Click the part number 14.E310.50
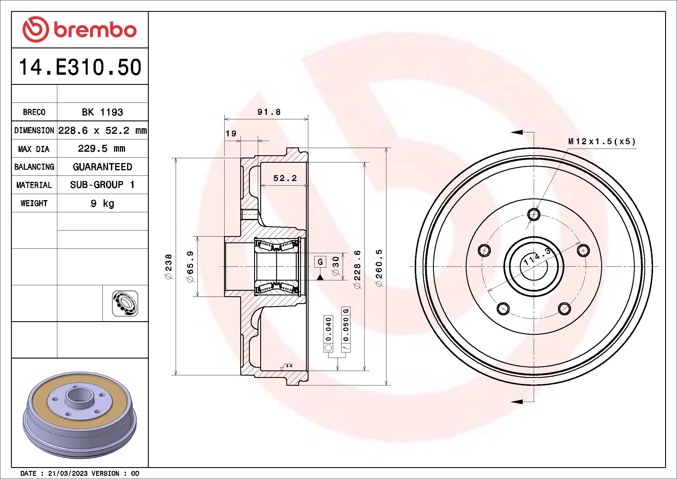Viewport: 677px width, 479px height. (80, 67)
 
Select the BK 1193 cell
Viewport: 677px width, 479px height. (102, 112)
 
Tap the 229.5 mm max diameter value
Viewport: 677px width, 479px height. (102, 148)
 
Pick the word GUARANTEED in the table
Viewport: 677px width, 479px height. (102, 167)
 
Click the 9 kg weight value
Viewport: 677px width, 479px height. (102, 203)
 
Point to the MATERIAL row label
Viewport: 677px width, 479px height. (34, 185)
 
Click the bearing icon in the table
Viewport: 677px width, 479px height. (125, 303)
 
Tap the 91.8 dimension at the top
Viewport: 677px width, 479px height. (269, 112)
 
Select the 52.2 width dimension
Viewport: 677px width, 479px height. (285, 178)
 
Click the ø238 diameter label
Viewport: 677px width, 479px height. (168, 267)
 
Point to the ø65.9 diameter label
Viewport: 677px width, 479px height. (190, 267)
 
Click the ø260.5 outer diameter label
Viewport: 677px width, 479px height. (379, 268)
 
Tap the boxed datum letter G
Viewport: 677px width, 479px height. (320, 261)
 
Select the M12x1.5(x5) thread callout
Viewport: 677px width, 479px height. (601, 142)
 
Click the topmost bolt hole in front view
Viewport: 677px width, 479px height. (534, 214)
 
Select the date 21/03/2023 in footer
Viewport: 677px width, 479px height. (68, 473)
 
